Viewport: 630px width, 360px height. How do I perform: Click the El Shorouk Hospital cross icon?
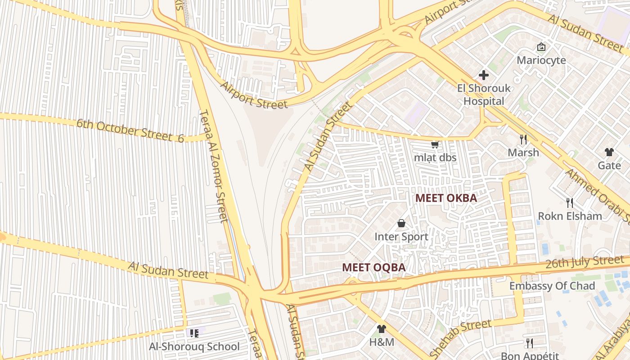484,75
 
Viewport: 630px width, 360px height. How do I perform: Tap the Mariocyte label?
541,60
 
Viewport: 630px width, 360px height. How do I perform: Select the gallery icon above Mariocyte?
541,46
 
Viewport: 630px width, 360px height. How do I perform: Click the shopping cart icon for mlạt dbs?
435,144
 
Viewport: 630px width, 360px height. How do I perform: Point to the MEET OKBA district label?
445,198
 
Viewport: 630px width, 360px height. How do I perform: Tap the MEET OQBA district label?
373,267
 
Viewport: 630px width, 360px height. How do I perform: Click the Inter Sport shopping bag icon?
401,223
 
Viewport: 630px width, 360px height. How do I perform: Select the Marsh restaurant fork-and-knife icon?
523,139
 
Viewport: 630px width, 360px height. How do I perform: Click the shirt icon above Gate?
609,152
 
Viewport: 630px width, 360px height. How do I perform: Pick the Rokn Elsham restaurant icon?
569,203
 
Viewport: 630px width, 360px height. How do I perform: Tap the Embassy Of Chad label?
552,286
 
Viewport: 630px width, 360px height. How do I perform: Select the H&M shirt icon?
381,329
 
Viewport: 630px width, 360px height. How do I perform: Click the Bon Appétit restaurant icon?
529,343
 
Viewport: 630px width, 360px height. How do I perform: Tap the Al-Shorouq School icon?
194,333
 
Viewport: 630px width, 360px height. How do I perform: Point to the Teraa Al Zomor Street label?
214,166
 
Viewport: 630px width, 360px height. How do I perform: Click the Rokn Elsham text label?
570,216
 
